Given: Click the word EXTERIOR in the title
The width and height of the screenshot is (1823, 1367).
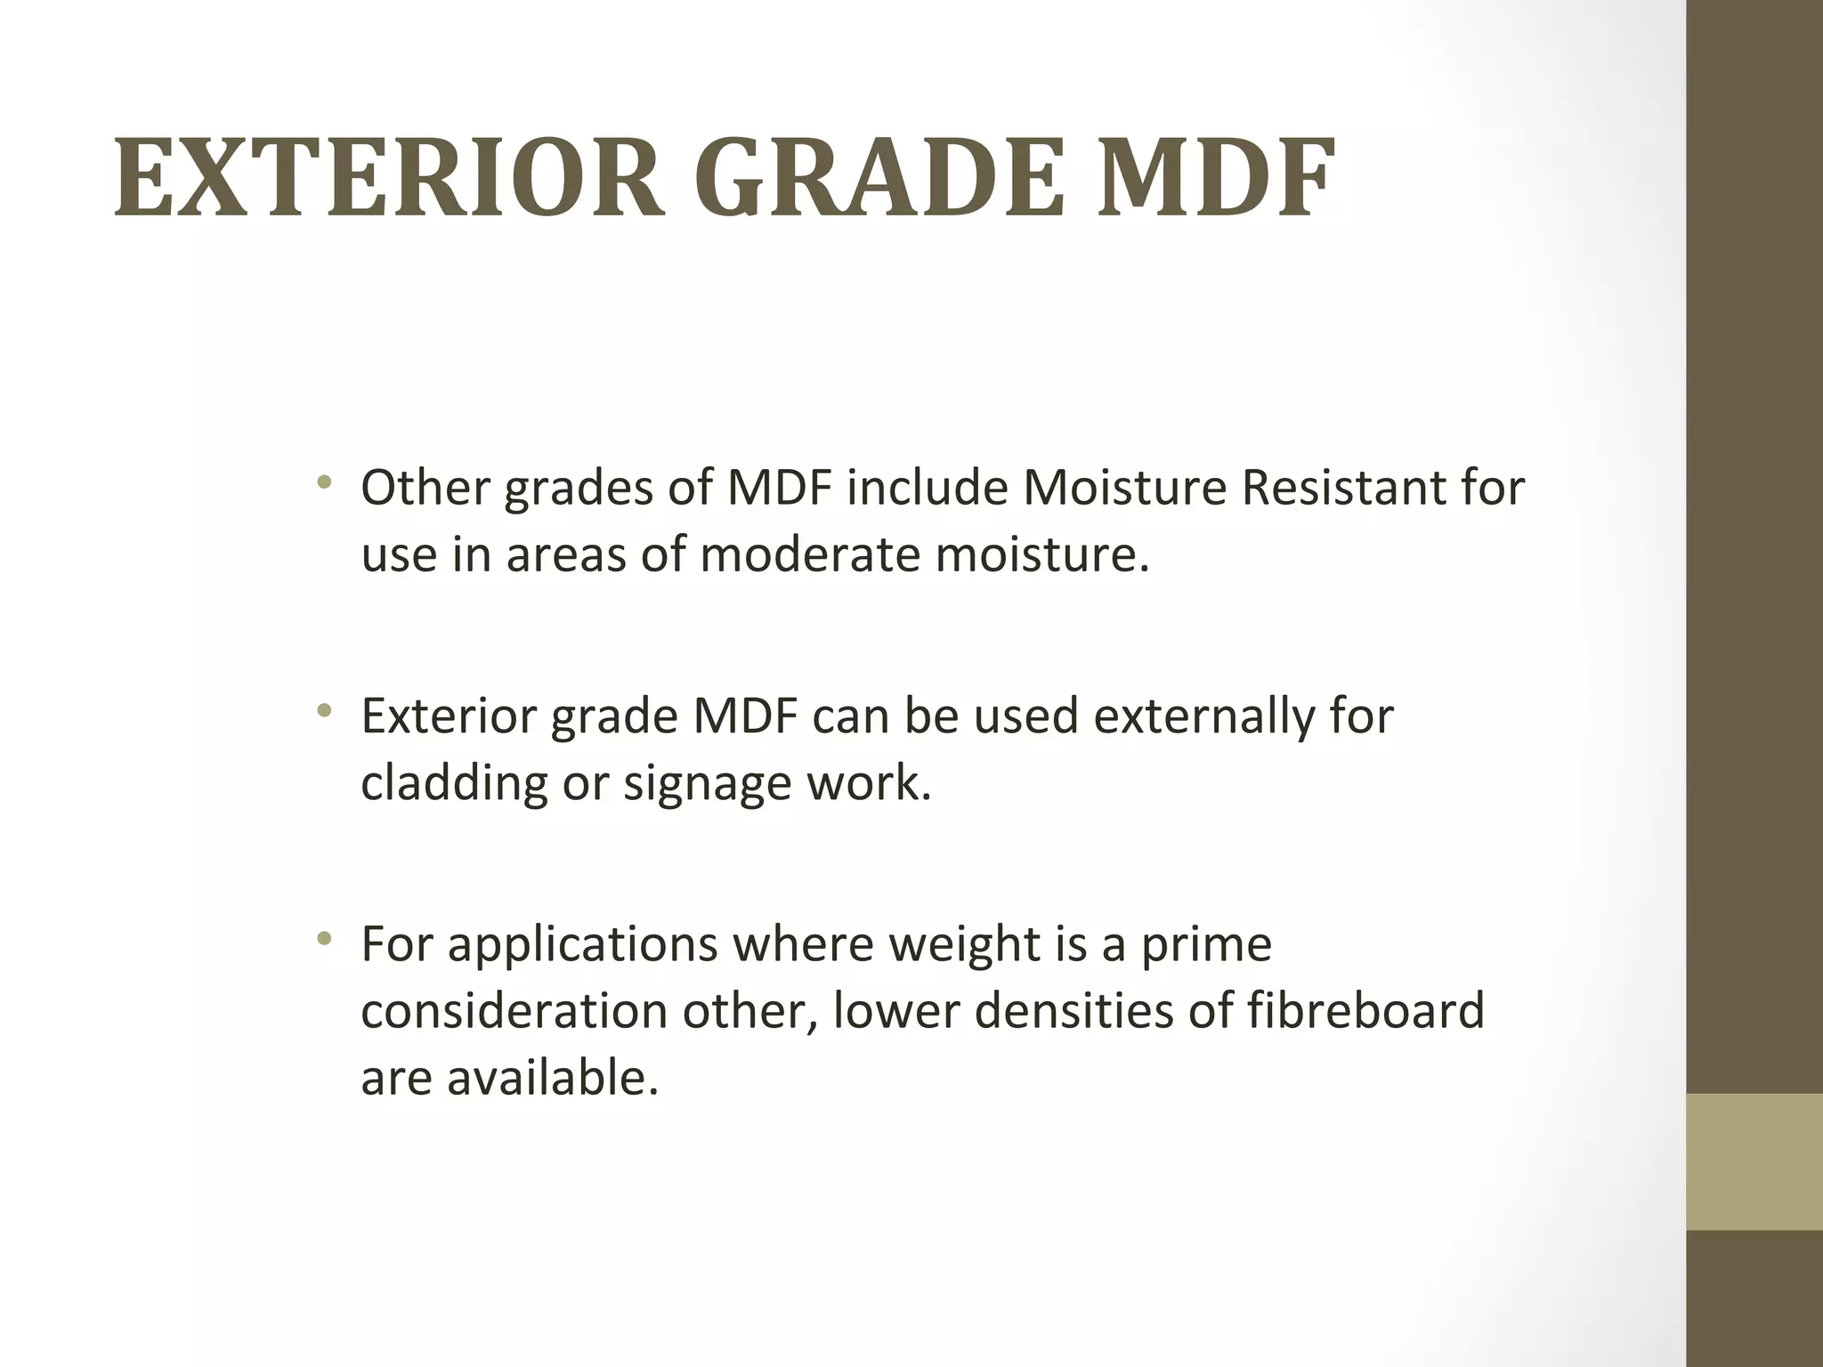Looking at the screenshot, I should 389,178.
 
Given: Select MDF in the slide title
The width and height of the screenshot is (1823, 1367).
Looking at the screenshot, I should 1215,178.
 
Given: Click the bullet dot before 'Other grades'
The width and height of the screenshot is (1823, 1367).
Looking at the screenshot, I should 324,484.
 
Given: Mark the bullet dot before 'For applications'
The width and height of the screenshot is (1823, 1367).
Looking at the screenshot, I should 324,939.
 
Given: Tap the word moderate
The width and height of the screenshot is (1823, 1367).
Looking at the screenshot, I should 809,554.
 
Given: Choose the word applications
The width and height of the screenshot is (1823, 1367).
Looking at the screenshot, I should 582,945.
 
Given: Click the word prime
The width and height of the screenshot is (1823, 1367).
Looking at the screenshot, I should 1207,945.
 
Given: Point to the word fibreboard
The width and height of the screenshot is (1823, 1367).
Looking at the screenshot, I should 1365,1011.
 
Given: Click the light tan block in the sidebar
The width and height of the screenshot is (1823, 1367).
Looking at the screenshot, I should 1754,1161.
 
